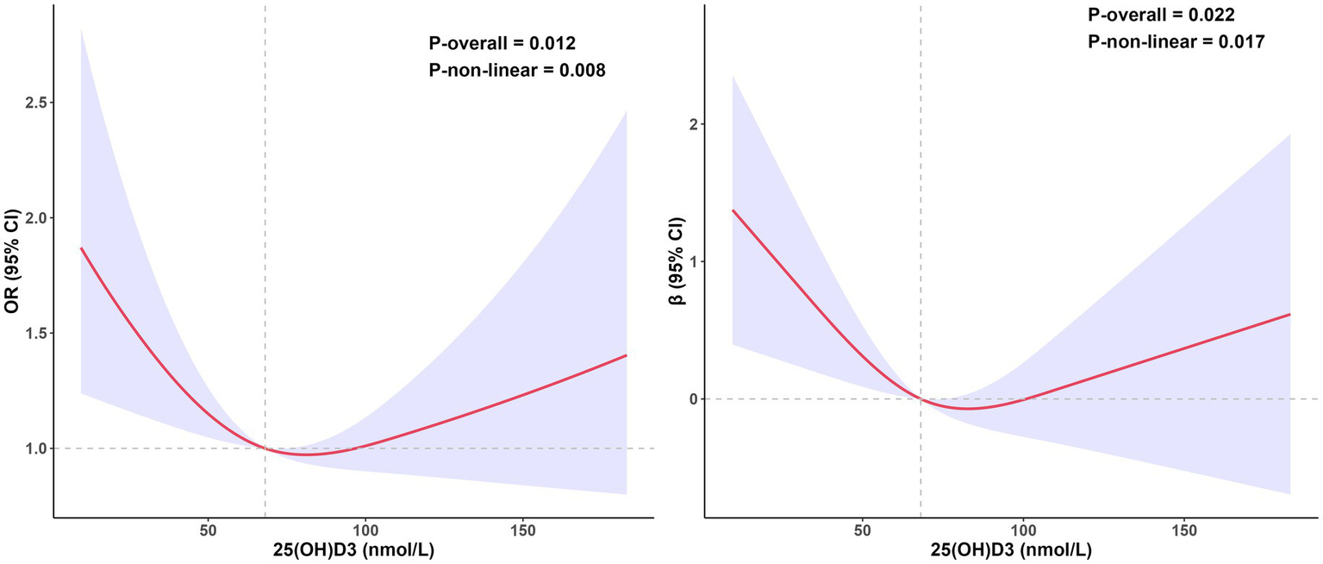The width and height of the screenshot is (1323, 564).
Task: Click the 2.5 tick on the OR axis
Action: [x=34, y=103]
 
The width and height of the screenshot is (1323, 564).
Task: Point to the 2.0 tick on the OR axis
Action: [x=34, y=218]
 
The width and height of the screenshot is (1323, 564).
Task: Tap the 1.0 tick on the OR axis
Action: [x=34, y=448]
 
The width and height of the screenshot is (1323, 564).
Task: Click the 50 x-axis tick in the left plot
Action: [x=208, y=533]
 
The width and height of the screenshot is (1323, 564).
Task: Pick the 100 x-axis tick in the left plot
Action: [x=365, y=533]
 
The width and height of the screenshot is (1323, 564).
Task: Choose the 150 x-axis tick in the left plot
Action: [x=523, y=533]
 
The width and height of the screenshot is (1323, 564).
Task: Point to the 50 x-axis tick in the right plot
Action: [x=862, y=533]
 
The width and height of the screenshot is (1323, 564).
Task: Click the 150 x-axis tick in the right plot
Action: [x=1183, y=533]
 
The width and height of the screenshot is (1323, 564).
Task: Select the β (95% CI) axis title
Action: [x=667, y=262]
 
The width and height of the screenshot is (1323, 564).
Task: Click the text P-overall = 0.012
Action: [x=502, y=43]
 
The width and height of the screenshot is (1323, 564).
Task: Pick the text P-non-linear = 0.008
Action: [x=517, y=72]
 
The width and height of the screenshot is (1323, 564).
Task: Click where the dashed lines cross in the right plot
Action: [x=920, y=399]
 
